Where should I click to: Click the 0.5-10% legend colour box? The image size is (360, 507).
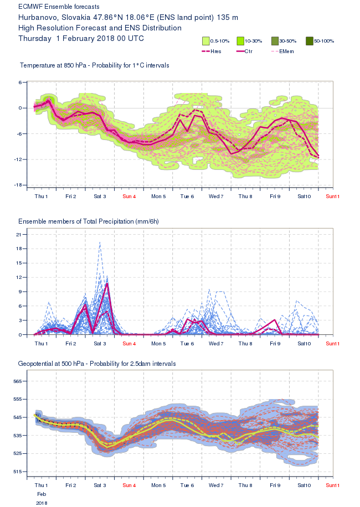pos(205,40)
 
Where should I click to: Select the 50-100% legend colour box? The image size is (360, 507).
pos(310,40)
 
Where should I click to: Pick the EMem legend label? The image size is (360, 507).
pos(286,51)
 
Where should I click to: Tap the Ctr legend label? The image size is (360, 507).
pos(257,51)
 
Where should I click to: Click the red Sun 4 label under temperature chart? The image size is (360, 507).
pos(129,196)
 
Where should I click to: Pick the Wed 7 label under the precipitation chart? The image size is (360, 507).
pos(216,344)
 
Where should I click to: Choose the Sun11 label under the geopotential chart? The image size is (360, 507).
pos(333,485)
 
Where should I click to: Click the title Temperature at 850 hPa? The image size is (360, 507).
pos(59,65)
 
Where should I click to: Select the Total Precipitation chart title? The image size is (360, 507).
pos(89,221)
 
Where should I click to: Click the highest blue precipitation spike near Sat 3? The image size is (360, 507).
pos(100,242)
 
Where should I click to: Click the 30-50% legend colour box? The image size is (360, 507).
pos(275,40)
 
